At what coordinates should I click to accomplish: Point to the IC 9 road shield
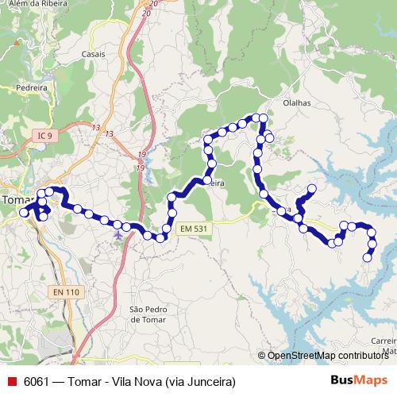[44, 137]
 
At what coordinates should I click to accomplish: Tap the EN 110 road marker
[67, 292]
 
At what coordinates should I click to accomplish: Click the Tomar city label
[14, 200]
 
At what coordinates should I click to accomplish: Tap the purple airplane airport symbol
[118, 233]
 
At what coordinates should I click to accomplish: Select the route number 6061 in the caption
[36, 380]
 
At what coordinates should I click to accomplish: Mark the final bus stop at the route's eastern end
[368, 256]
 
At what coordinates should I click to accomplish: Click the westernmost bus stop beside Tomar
[24, 213]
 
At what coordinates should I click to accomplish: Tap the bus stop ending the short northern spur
[312, 189]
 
